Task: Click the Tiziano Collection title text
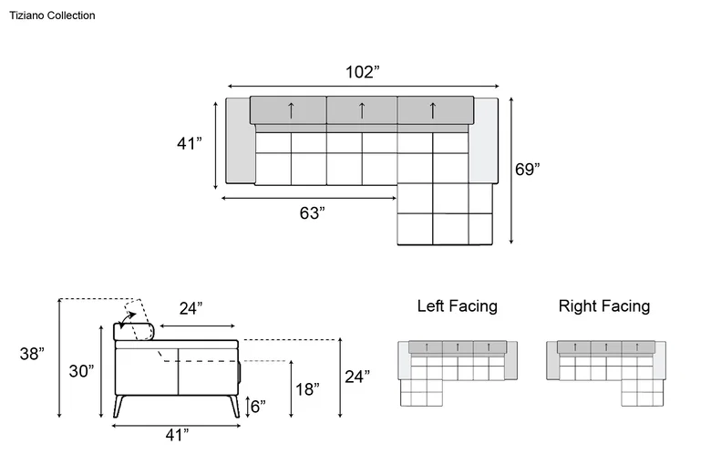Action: (x=52, y=15)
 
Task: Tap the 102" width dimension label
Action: (x=362, y=72)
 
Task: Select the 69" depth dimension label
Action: (x=528, y=170)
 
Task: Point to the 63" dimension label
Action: (x=312, y=212)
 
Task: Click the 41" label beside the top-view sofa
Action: (x=189, y=143)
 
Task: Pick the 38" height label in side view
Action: (x=32, y=354)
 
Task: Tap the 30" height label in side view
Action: (x=81, y=371)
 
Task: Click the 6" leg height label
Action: (x=258, y=407)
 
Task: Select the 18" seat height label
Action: (x=307, y=389)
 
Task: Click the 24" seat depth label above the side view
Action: (x=191, y=308)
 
